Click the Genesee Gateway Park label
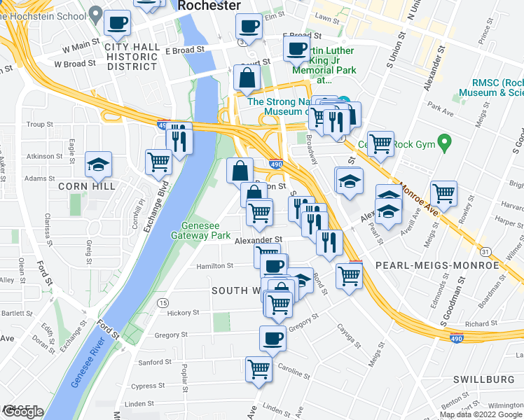click(206, 231)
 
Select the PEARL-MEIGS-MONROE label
click(436, 266)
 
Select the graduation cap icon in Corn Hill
click(98, 164)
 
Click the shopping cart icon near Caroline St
click(258, 367)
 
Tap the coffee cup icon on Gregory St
click(273, 338)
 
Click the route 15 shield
click(163, 302)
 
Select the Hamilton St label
click(214, 266)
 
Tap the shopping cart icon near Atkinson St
click(158, 162)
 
